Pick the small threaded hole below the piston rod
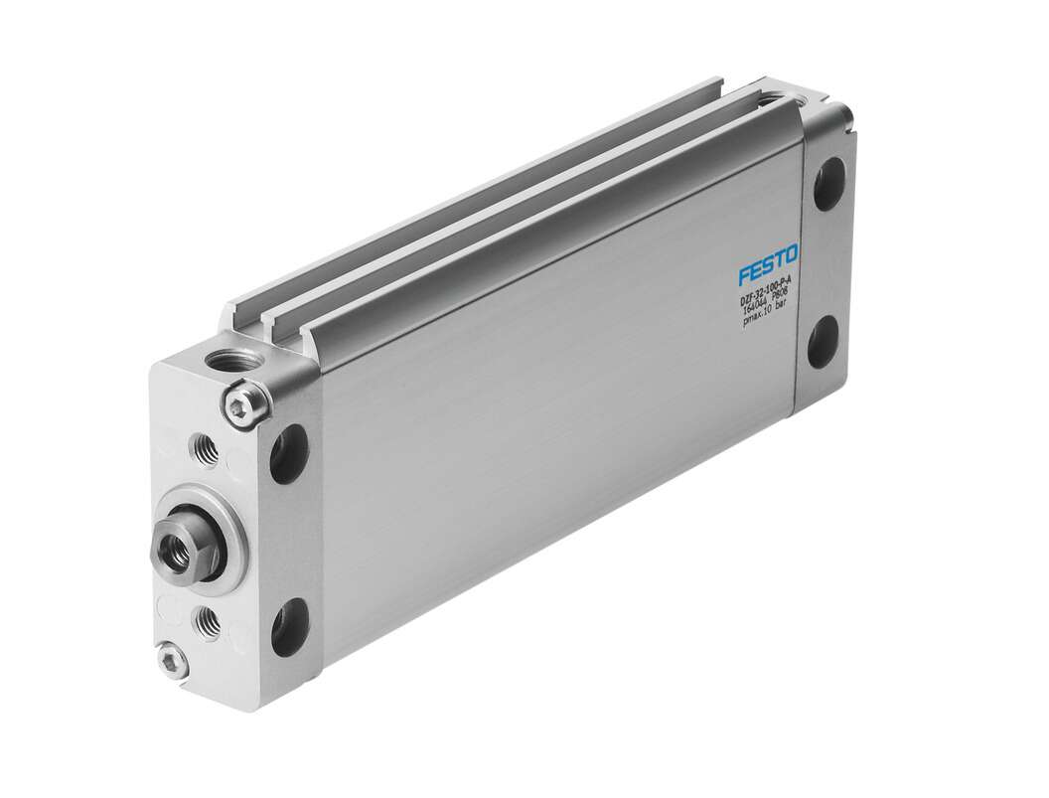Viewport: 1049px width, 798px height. point(208,621)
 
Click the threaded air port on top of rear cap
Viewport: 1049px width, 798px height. point(774,98)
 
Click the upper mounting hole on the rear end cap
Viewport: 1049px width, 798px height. point(829,186)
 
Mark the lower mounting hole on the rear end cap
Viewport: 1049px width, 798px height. point(824,342)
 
